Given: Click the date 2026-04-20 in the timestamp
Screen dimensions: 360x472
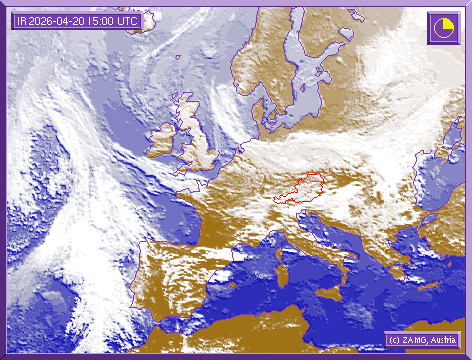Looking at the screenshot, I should [61, 19].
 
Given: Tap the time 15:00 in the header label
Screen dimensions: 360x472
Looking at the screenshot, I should [103, 19].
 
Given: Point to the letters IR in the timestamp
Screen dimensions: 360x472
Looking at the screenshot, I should [21, 19].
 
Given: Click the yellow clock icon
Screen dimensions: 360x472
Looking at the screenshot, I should [442, 28].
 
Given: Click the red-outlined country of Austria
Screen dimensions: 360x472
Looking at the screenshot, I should [300, 190].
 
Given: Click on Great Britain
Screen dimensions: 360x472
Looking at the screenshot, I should [198, 143].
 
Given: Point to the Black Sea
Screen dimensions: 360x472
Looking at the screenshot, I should [447, 211].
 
